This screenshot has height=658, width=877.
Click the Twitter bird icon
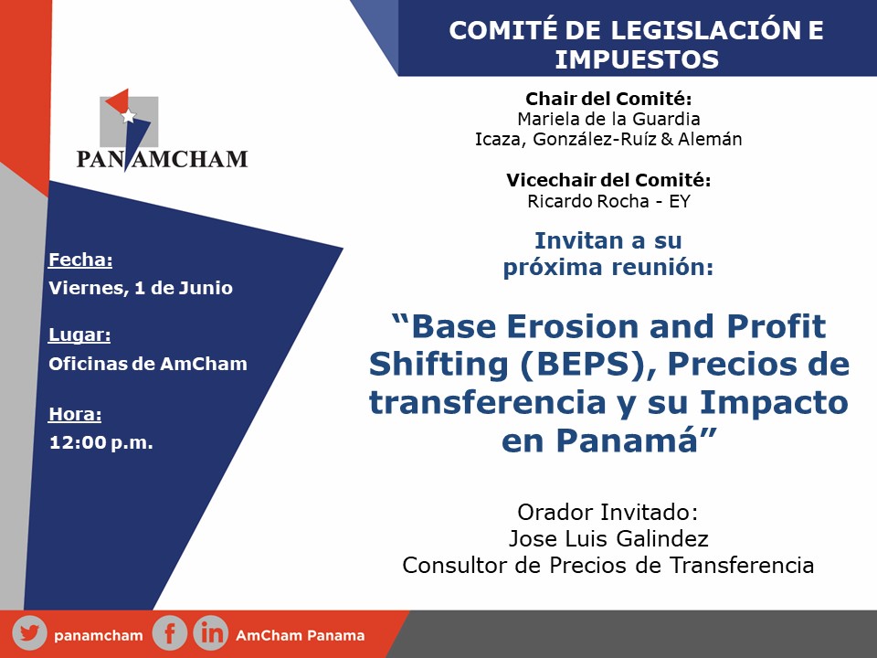(29, 634)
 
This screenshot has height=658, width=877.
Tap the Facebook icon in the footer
(170, 634)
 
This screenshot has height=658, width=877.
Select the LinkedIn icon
(211, 634)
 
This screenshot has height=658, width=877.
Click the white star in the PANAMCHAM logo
(129, 115)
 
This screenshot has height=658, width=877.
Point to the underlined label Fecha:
(80, 260)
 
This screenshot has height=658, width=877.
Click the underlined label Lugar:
(79, 334)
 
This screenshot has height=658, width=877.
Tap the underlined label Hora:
(75, 414)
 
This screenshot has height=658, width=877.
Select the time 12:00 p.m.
(101, 442)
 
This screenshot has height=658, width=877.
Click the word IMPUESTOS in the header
(637, 60)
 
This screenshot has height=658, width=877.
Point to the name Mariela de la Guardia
(608, 119)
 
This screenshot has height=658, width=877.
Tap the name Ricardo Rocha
(587, 201)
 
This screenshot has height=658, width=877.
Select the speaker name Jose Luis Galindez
(608, 538)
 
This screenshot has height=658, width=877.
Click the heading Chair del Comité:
(608, 99)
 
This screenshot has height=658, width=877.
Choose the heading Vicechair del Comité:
(608, 180)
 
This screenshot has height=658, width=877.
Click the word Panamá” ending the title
(637, 440)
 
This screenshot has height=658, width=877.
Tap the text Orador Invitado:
(608, 512)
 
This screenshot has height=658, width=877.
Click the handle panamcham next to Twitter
(99, 636)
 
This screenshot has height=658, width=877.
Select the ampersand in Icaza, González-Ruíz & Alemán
(667, 139)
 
